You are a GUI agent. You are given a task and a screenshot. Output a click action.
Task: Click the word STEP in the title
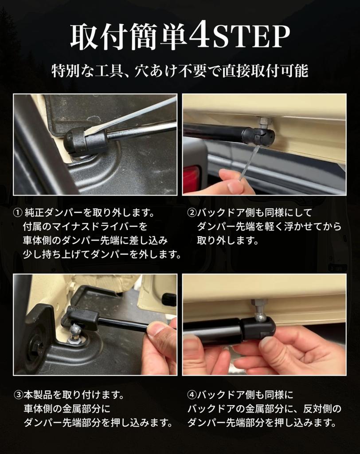point(251,37)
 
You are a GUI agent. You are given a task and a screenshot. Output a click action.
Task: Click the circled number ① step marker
point(18,213)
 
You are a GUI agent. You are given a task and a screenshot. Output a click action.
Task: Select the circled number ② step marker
point(192,213)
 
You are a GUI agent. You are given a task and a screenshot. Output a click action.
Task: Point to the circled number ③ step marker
point(18,395)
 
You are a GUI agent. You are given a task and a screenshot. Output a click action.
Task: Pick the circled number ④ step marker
point(192,395)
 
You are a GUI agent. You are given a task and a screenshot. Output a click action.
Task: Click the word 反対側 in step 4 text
point(318,409)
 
